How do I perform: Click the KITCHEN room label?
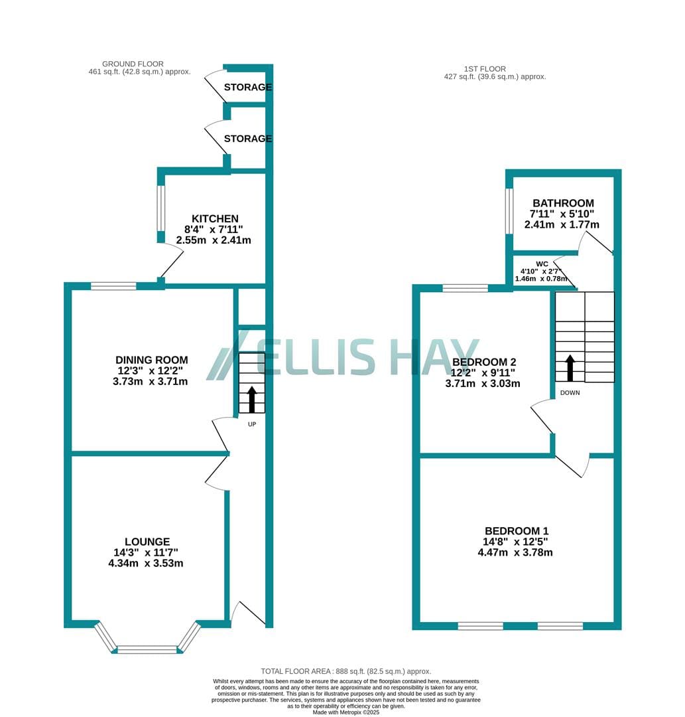pyautogui.click(x=215, y=218)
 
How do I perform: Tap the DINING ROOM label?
pyautogui.click(x=152, y=360)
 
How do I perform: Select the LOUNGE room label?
pyautogui.click(x=147, y=542)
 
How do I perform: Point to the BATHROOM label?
pyautogui.click(x=563, y=203)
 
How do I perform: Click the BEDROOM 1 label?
pyautogui.click(x=517, y=531)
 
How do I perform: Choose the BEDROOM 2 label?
pyautogui.click(x=483, y=362)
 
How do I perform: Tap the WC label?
pyautogui.click(x=542, y=264)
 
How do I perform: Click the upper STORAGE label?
pyautogui.click(x=247, y=87)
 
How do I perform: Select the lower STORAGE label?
pyautogui.click(x=247, y=138)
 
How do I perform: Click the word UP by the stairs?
pyautogui.click(x=251, y=424)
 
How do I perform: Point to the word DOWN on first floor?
pyautogui.click(x=570, y=393)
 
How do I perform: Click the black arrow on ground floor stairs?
pyautogui.click(x=251, y=399)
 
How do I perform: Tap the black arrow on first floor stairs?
pyautogui.click(x=570, y=368)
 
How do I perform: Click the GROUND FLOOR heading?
pyautogui.click(x=133, y=64)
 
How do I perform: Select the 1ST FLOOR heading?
pyautogui.click(x=485, y=69)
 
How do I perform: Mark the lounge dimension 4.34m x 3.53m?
pyautogui.click(x=146, y=564)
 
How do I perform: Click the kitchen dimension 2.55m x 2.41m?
pyautogui.click(x=214, y=240)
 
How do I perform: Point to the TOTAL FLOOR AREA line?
pyautogui.click(x=345, y=671)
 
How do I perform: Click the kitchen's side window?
pyautogui.click(x=160, y=208)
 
